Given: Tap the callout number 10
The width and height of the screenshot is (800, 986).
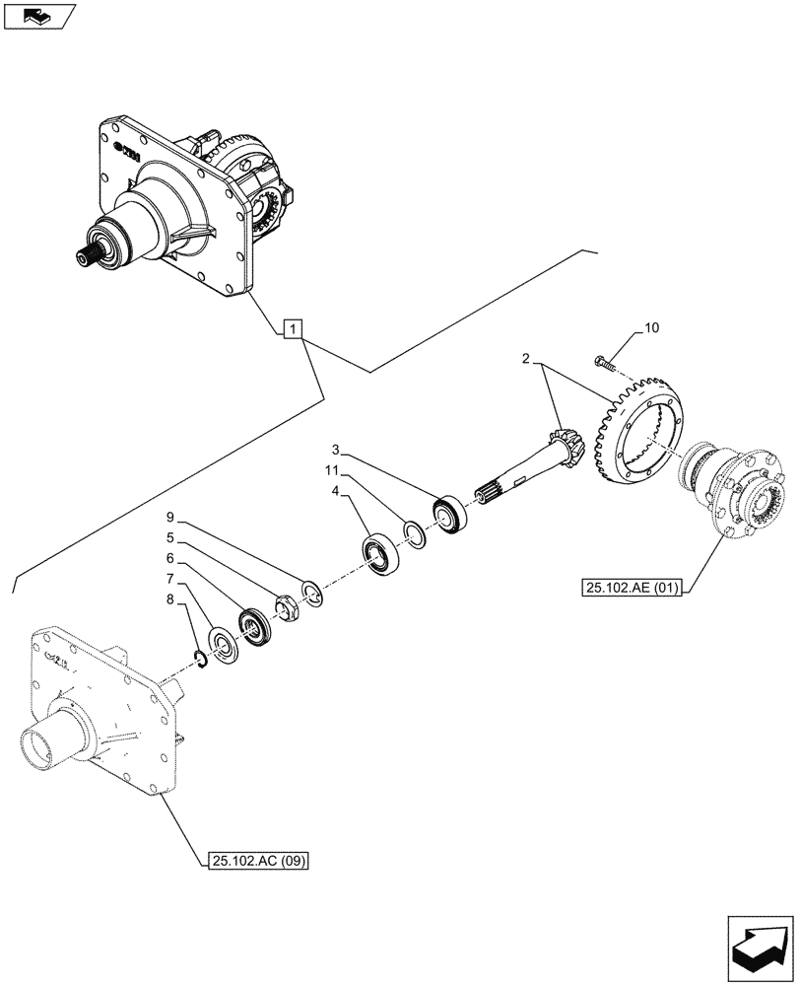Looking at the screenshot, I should pyautogui.click(x=652, y=329).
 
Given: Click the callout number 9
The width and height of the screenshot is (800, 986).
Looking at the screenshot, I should pyautogui.click(x=170, y=517).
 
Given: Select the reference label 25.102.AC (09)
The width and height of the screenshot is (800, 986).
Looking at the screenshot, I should pyautogui.click(x=259, y=861).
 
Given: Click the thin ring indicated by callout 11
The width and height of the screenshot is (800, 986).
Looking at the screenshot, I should pyautogui.click(x=416, y=535).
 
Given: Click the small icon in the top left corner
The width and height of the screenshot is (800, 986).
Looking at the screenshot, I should pyautogui.click(x=38, y=16).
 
